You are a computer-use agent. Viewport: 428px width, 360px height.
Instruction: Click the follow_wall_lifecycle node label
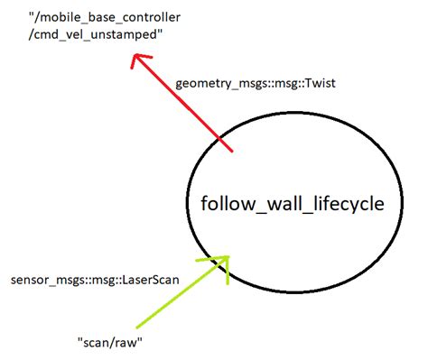[x=293, y=204]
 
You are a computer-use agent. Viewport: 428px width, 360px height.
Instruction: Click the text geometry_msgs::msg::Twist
[x=256, y=83]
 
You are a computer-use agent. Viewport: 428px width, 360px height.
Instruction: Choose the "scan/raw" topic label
[x=110, y=342]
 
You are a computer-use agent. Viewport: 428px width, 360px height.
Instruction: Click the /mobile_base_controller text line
[x=105, y=17]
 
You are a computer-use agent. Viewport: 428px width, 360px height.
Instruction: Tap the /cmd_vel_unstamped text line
[x=96, y=35]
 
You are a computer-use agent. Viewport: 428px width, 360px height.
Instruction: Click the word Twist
[x=320, y=83]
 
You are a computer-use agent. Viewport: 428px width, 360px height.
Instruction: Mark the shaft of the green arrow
[x=182, y=292]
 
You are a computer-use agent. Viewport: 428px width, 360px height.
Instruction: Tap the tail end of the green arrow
[x=136, y=328]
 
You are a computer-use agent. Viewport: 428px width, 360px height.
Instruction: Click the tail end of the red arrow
[x=232, y=152]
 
